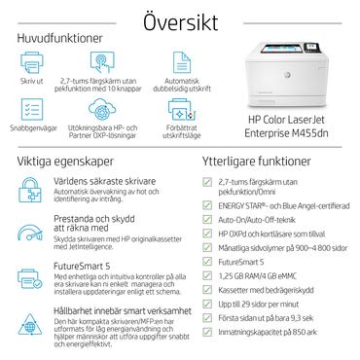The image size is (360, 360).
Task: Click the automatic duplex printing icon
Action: click(x=162, y=63)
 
